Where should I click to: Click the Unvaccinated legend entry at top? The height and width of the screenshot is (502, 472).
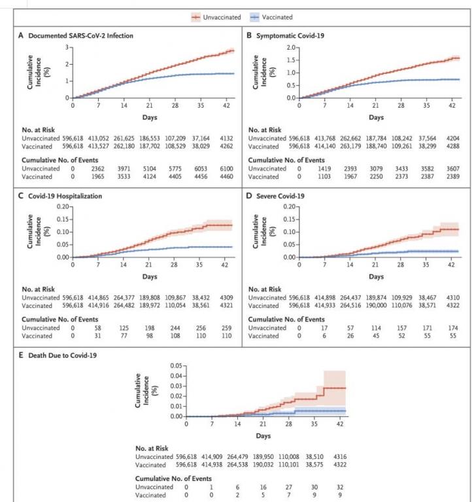click(222, 16)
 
